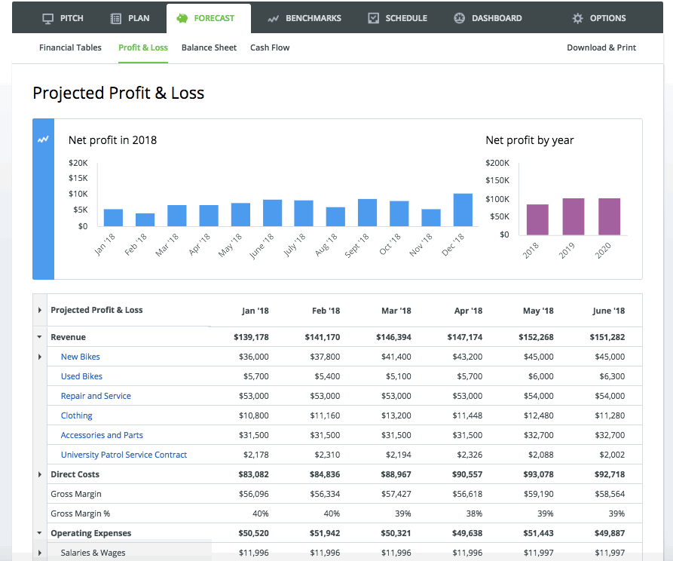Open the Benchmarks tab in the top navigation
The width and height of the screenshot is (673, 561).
pyautogui.click(x=304, y=18)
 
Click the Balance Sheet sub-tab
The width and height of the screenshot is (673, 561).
pyautogui.click(x=209, y=48)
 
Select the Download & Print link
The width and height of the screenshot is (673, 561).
pyautogui.click(x=601, y=48)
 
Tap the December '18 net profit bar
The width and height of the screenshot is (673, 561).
pyautogui.click(x=463, y=210)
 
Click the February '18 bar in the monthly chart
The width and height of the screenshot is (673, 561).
pyautogui.click(x=145, y=219)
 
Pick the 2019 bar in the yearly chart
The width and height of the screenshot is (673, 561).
pyautogui.click(x=574, y=216)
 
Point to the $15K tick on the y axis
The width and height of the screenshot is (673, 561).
pyautogui.click(x=78, y=178)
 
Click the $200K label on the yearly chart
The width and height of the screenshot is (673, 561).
pyautogui.click(x=497, y=163)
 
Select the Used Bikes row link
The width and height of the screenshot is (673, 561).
pyautogui.click(x=81, y=376)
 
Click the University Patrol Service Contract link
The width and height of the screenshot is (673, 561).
pyautogui.click(x=124, y=455)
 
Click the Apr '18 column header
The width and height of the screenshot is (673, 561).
pyautogui.click(x=468, y=311)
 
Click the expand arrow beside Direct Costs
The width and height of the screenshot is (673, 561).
pyautogui.click(x=39, y=474)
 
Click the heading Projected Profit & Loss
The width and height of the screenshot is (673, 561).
pyautogui.click(x=118, y=93)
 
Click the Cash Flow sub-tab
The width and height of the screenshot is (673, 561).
pyautogui.click(x=270, y=48)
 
